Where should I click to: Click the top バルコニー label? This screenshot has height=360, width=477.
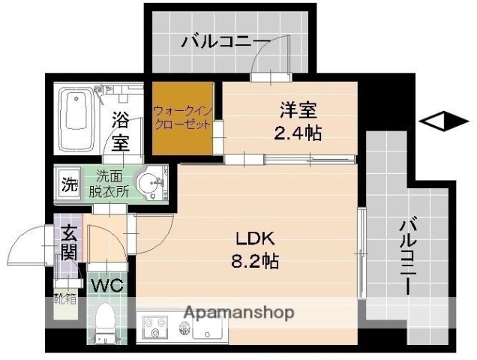tap(226, 42)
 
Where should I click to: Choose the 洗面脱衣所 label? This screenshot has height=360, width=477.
tap(112, 184)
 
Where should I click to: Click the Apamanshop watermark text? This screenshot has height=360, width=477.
tap(239, 313)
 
